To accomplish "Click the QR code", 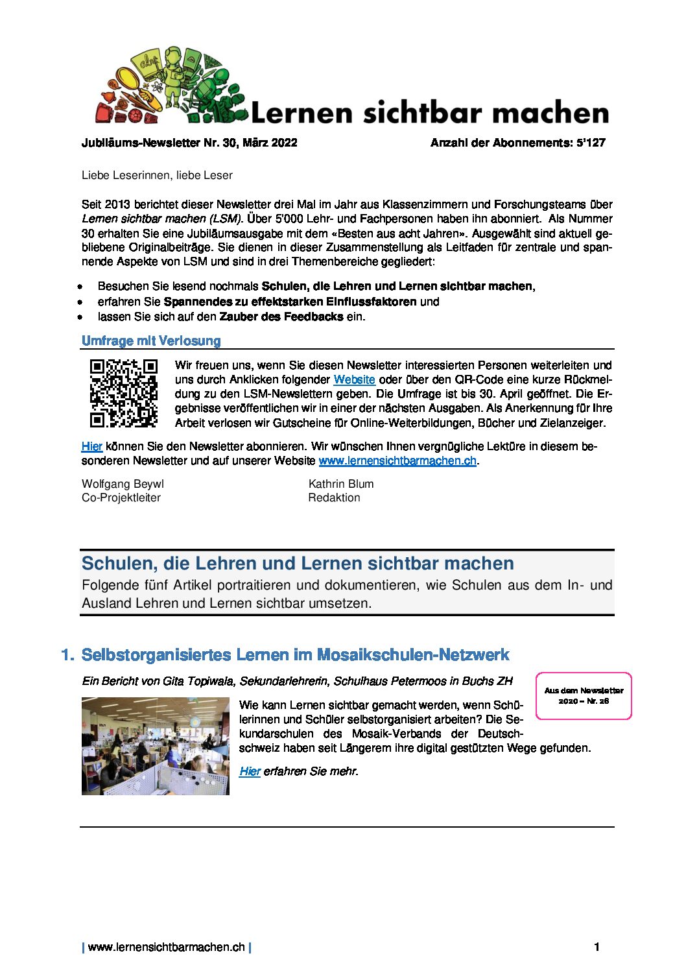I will pyautogui.click(x=123, y=393).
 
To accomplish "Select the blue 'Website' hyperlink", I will pyautogui.click(x=354, y=380).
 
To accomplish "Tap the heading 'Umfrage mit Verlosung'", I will pyautogui.click(x=151, y=341).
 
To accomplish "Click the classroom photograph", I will pyautogui.click(x=156, y=746).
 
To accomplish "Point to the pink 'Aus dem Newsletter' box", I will pyautogui.click(x=584, y=696).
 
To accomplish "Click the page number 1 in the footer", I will pyautogui.click(x=597, y=947).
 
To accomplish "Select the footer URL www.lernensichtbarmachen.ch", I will pyautogui.click(x=167, y=947).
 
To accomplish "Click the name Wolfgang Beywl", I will pyautogui.click(x=123, y=484).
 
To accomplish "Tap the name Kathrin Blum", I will pyautogui.click(x=341, y=484).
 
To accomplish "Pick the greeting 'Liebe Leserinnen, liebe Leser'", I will pyautogui.click(x=157, y=175).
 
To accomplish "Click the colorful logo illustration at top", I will pyautogui.click(x=172, y=86).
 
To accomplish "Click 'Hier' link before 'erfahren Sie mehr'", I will pyautogui.click(x=250, y=771).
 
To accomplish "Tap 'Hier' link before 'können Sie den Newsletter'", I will pyautogui.click(x=92, y=446).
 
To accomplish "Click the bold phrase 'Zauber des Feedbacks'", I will pyautogui.click(x=281, y=317).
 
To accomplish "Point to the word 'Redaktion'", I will pyautogui.click(x=334, y=497).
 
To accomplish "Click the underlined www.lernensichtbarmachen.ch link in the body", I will pyautogui.click(x=397, y=461).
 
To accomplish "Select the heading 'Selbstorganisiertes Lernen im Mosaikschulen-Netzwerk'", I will pyautogui.click(x=295, y=654).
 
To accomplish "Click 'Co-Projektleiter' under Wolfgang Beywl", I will pyautogui.click(x=121, y=497).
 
